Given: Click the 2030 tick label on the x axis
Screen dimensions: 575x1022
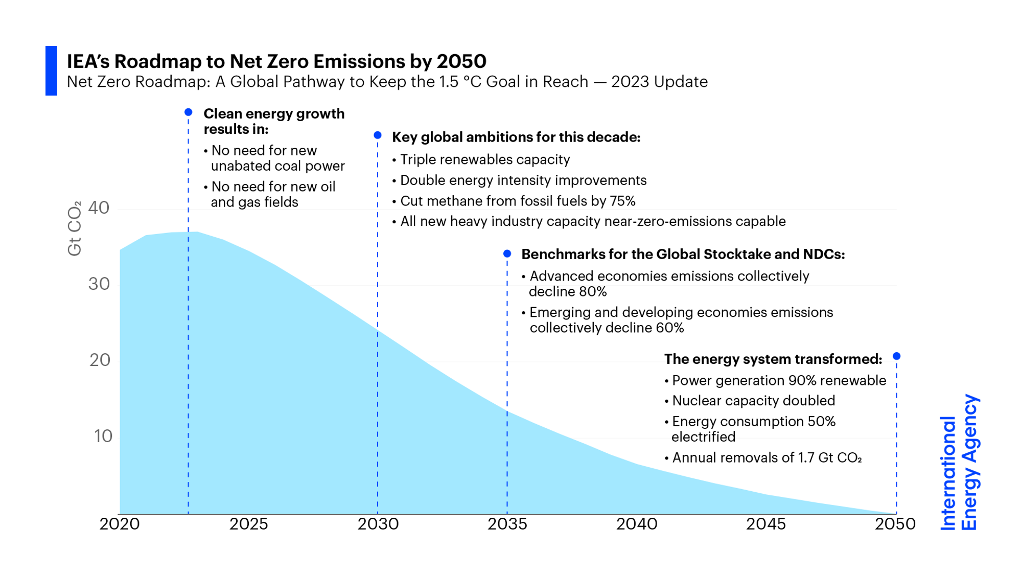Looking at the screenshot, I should (378, 524).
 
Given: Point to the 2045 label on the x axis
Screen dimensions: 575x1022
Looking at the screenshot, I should (765, 524).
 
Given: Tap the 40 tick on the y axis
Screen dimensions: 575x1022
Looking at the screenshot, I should (99, 208).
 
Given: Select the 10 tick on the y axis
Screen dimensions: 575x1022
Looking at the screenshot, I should (103, 436).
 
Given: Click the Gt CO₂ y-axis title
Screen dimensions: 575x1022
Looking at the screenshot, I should (75, 228).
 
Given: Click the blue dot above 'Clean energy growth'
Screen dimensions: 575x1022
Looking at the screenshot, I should (189, 112).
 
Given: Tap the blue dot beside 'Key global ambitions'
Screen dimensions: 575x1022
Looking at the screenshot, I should (378, 135).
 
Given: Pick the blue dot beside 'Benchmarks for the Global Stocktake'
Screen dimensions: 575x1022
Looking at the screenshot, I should (507, 254).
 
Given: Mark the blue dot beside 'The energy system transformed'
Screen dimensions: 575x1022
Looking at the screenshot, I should (896, 356).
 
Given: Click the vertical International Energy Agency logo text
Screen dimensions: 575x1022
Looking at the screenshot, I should (959, 463).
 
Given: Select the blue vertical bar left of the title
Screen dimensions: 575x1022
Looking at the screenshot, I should (51, 71).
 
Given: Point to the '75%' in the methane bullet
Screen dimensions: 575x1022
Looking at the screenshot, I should (622, 201).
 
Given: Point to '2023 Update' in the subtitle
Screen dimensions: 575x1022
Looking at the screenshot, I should (659, 82).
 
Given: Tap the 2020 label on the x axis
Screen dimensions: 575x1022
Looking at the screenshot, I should (120, 524).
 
